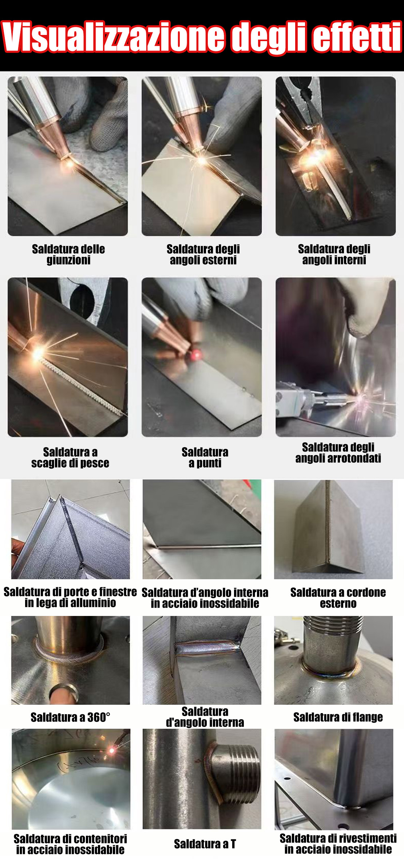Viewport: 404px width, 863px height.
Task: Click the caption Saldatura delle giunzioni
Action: point(68,254)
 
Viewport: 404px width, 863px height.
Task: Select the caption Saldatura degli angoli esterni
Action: point(203,254)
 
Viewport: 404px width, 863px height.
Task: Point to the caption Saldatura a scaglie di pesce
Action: point(70,457)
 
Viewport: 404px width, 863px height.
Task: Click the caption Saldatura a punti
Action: point(205,457)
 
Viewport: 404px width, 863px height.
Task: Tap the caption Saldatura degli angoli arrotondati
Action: point(338,453)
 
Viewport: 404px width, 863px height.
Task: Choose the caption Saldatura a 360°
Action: point(70,717)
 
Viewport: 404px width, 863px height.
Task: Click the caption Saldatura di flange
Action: point(338,717)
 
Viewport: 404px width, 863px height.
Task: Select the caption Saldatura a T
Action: point(205,844)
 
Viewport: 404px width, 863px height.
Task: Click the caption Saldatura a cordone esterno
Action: point(338,598)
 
